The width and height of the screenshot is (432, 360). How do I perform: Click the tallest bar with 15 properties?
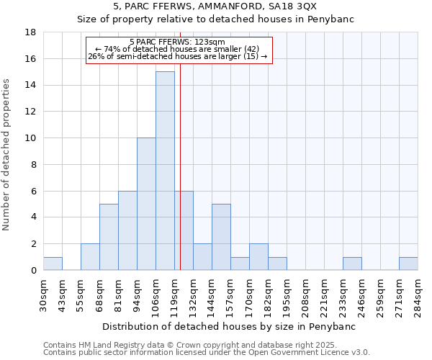165,171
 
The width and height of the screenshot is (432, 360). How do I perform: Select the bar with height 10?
146,204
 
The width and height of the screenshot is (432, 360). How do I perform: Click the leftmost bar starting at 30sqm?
53,264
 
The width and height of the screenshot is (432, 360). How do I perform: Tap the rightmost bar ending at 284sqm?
408,264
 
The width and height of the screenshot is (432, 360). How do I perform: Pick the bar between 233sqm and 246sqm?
352,264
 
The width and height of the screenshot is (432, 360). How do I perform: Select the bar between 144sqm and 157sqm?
221,237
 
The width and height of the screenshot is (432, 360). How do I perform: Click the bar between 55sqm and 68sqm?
90,257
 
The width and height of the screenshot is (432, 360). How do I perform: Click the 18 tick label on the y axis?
30,32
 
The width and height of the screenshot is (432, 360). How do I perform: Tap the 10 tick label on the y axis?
30,138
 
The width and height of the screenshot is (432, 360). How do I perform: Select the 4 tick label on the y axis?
33,217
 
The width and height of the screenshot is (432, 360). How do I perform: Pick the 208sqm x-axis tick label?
305,295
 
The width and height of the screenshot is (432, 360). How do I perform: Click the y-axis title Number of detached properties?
7,155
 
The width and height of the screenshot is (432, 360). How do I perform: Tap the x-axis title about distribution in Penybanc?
234,326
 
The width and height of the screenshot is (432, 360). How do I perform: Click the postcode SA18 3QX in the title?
323,6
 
